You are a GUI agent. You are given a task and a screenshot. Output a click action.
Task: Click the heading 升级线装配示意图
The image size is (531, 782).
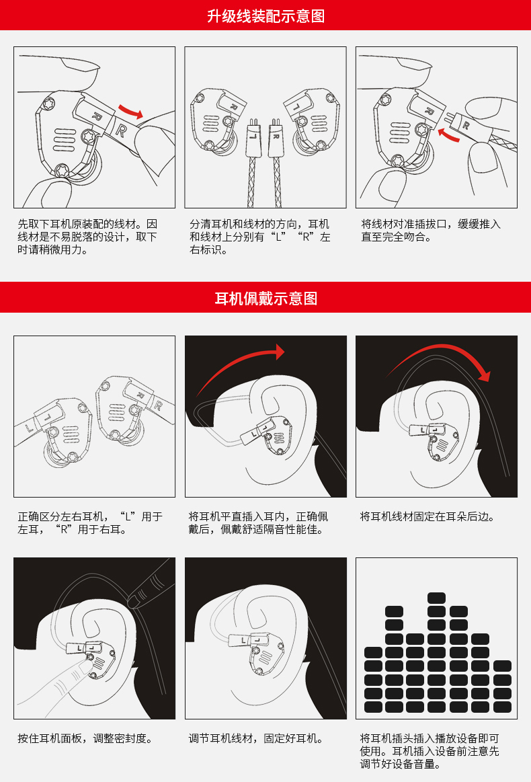click(x=265, y=16)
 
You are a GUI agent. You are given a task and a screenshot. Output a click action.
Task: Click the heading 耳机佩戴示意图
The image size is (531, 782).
click(x=265, y=299)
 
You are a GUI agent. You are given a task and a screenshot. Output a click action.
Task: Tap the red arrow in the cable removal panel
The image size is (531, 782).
click(x=130, y=111)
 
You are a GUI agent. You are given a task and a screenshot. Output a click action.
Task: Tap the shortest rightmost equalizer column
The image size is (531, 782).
click(x=502, y=687)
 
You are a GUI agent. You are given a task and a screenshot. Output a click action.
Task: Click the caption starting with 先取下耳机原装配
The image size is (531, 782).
click(x=87, y=237)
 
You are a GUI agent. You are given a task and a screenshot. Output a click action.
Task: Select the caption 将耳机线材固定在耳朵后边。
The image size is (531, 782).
click(x=428, y=516)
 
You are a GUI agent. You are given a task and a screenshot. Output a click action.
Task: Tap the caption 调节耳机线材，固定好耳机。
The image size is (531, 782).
click(x=257, y=738)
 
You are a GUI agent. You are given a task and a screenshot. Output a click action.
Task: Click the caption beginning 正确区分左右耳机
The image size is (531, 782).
click(x=90, y=523)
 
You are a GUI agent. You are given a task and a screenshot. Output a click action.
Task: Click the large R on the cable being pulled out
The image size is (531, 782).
click(x=120, y=130)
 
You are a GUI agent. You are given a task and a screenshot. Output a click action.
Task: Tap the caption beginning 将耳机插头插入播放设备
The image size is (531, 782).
click(x=430, y=751)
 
